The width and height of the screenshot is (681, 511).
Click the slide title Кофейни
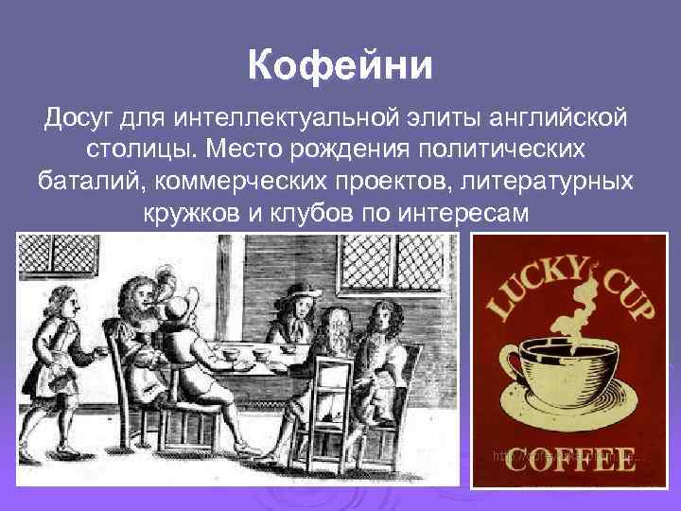[x=340, y=66]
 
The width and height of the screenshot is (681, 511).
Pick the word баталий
[x=80, y=179]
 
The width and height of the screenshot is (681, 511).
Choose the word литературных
[x=549, y=179]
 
